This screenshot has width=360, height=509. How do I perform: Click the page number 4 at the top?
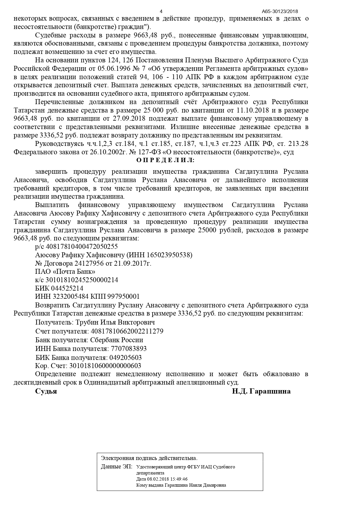[161, 12]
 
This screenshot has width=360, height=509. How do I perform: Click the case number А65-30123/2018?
[280, 12]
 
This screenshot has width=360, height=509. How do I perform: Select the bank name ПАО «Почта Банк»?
[65, 272]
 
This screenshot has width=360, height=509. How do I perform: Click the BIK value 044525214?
[67, 288]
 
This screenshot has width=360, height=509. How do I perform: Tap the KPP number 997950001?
[124, 296]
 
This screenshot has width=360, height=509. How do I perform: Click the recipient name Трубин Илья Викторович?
[115, 322]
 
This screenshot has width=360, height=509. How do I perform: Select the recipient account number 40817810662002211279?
[127, 331]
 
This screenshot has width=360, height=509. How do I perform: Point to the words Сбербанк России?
[117, 340]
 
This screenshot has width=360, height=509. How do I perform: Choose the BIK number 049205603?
[125, 357]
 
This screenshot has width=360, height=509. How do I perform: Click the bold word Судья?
[46, 391]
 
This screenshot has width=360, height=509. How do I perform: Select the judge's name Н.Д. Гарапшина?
[261, 391]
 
